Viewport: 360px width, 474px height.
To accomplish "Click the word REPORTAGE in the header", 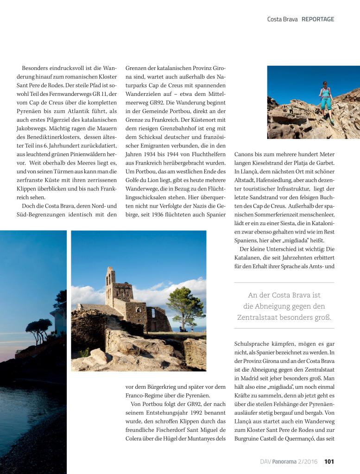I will point(318,19).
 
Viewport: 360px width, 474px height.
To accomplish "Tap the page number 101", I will point(329,461).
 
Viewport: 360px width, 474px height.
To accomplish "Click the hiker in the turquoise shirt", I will point(326,100).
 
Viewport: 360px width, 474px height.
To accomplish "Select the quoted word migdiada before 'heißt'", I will point(303,240).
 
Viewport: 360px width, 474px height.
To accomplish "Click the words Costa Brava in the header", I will point(282,19).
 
